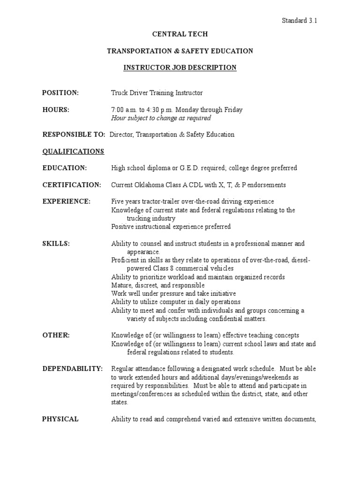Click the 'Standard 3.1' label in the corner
pyautogui.click(x=302, y=20)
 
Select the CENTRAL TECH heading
pyautogui.click(x=180, y=34)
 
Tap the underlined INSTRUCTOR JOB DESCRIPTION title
pyautogui.click(x=180, y=67)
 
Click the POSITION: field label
pyautogui.click(x=60, y=93)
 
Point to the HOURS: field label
pyautogui.click(x=56, y=110)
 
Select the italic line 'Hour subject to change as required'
pyautogui.click(x=161, y=118)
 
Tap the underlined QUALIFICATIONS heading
pyautogui.click(x=73, y=151)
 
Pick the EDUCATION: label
pyautogui.click(x=65, y=168)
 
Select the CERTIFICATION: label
pyautogui.click(x=72, y=185)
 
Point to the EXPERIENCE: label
pyautogui.click(x=67, y=201)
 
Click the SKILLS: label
pyautogui.click(x=56, y=243)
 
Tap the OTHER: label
pyautogui.click(x=56, y=335)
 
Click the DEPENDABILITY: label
pyautogui.click(x=73, y=368)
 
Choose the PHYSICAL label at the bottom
pyautogui.click(x=60, y=419)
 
